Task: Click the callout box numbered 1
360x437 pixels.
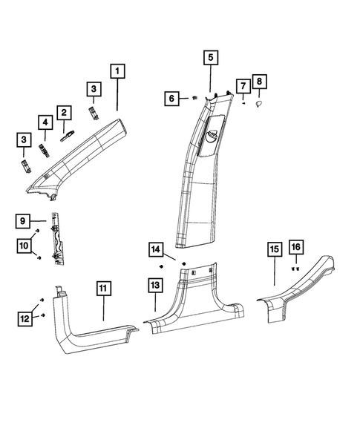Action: [x=118, y=72]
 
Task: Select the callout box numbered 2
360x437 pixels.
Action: [x=65, y=113]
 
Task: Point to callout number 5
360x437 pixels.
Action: [x=209, y=57]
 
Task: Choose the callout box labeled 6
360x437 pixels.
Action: [x=172, y=97]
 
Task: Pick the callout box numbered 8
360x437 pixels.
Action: [x=259, y=82]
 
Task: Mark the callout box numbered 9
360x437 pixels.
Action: [x=23, y=220]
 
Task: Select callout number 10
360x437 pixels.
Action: [x=23, y=245]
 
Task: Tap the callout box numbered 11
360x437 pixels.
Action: [x=103, y=289]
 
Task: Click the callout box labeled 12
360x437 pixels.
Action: [x=23, y=318]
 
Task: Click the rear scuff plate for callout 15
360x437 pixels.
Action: [x=297, y=289]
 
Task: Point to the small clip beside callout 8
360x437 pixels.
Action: [x=258, y=106]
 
